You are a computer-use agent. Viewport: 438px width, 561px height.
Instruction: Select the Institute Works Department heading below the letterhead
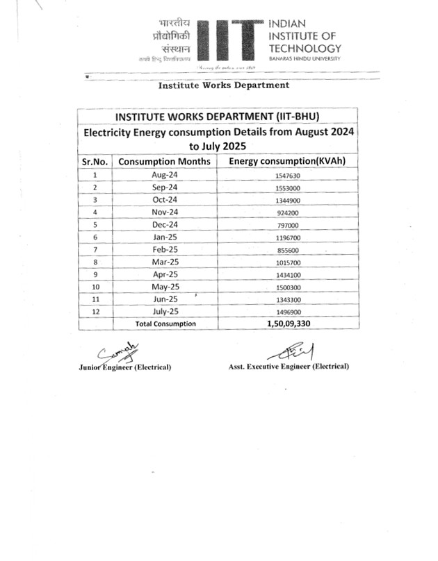point(223,85)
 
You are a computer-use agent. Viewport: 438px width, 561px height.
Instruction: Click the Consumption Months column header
point(165,161)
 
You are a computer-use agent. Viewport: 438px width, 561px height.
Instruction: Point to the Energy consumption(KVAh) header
point(287,161)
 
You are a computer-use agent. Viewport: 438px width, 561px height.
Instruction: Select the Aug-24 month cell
point(165,175)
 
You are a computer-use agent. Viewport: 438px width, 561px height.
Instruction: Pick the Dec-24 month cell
point(165,225)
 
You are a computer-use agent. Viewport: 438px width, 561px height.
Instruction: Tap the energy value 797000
point(286,226)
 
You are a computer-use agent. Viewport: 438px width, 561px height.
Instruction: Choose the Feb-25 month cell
point(165,249)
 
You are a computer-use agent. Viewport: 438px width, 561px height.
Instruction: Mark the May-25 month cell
point(165,287)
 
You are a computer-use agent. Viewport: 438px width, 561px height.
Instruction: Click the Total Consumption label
point(165,324)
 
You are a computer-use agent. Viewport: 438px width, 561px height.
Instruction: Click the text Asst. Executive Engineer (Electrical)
point(289,366)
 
